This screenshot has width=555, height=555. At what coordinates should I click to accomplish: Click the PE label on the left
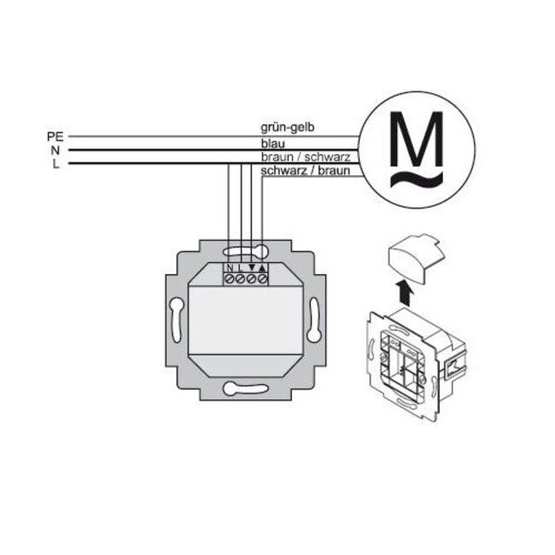[53, 136]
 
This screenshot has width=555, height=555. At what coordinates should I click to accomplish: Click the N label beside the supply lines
[54, 149]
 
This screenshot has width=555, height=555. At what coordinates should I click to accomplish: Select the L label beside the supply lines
[55, 164]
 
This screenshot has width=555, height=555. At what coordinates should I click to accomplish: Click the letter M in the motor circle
[417, 141]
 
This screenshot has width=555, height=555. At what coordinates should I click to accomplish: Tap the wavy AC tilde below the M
[417, 178]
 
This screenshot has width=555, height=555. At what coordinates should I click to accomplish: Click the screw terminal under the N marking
[230, 278]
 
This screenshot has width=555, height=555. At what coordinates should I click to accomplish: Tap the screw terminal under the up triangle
[262, 278]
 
